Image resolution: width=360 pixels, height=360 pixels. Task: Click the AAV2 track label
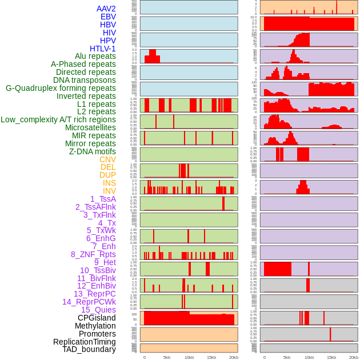(106, 9)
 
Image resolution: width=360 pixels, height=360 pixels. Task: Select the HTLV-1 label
(103, 49)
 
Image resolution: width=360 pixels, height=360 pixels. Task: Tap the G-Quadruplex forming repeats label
(61, 88)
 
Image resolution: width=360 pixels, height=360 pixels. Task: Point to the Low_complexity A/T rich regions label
(58, 119)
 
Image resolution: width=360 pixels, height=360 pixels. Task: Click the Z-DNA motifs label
(93, 151)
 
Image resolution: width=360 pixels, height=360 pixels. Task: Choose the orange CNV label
(107, 159)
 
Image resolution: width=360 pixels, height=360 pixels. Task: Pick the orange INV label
(109, 191)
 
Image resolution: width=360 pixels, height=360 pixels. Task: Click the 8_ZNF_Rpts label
(93, 254)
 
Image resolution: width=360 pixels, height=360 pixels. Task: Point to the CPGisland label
(97, 318)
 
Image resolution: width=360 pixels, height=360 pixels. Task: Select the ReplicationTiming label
(84, 342)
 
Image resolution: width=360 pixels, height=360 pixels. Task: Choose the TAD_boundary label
(89, 349)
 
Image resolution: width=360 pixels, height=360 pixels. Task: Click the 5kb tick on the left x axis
(167, 357)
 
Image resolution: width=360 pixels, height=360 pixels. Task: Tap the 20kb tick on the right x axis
(354, 357)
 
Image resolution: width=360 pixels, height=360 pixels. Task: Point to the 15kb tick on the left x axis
(211, 357)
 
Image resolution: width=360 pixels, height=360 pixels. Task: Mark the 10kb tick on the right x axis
(309, 357)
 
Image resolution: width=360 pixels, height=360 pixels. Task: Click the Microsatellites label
(90, 127)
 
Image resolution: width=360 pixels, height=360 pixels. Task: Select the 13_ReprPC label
(94, 294)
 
